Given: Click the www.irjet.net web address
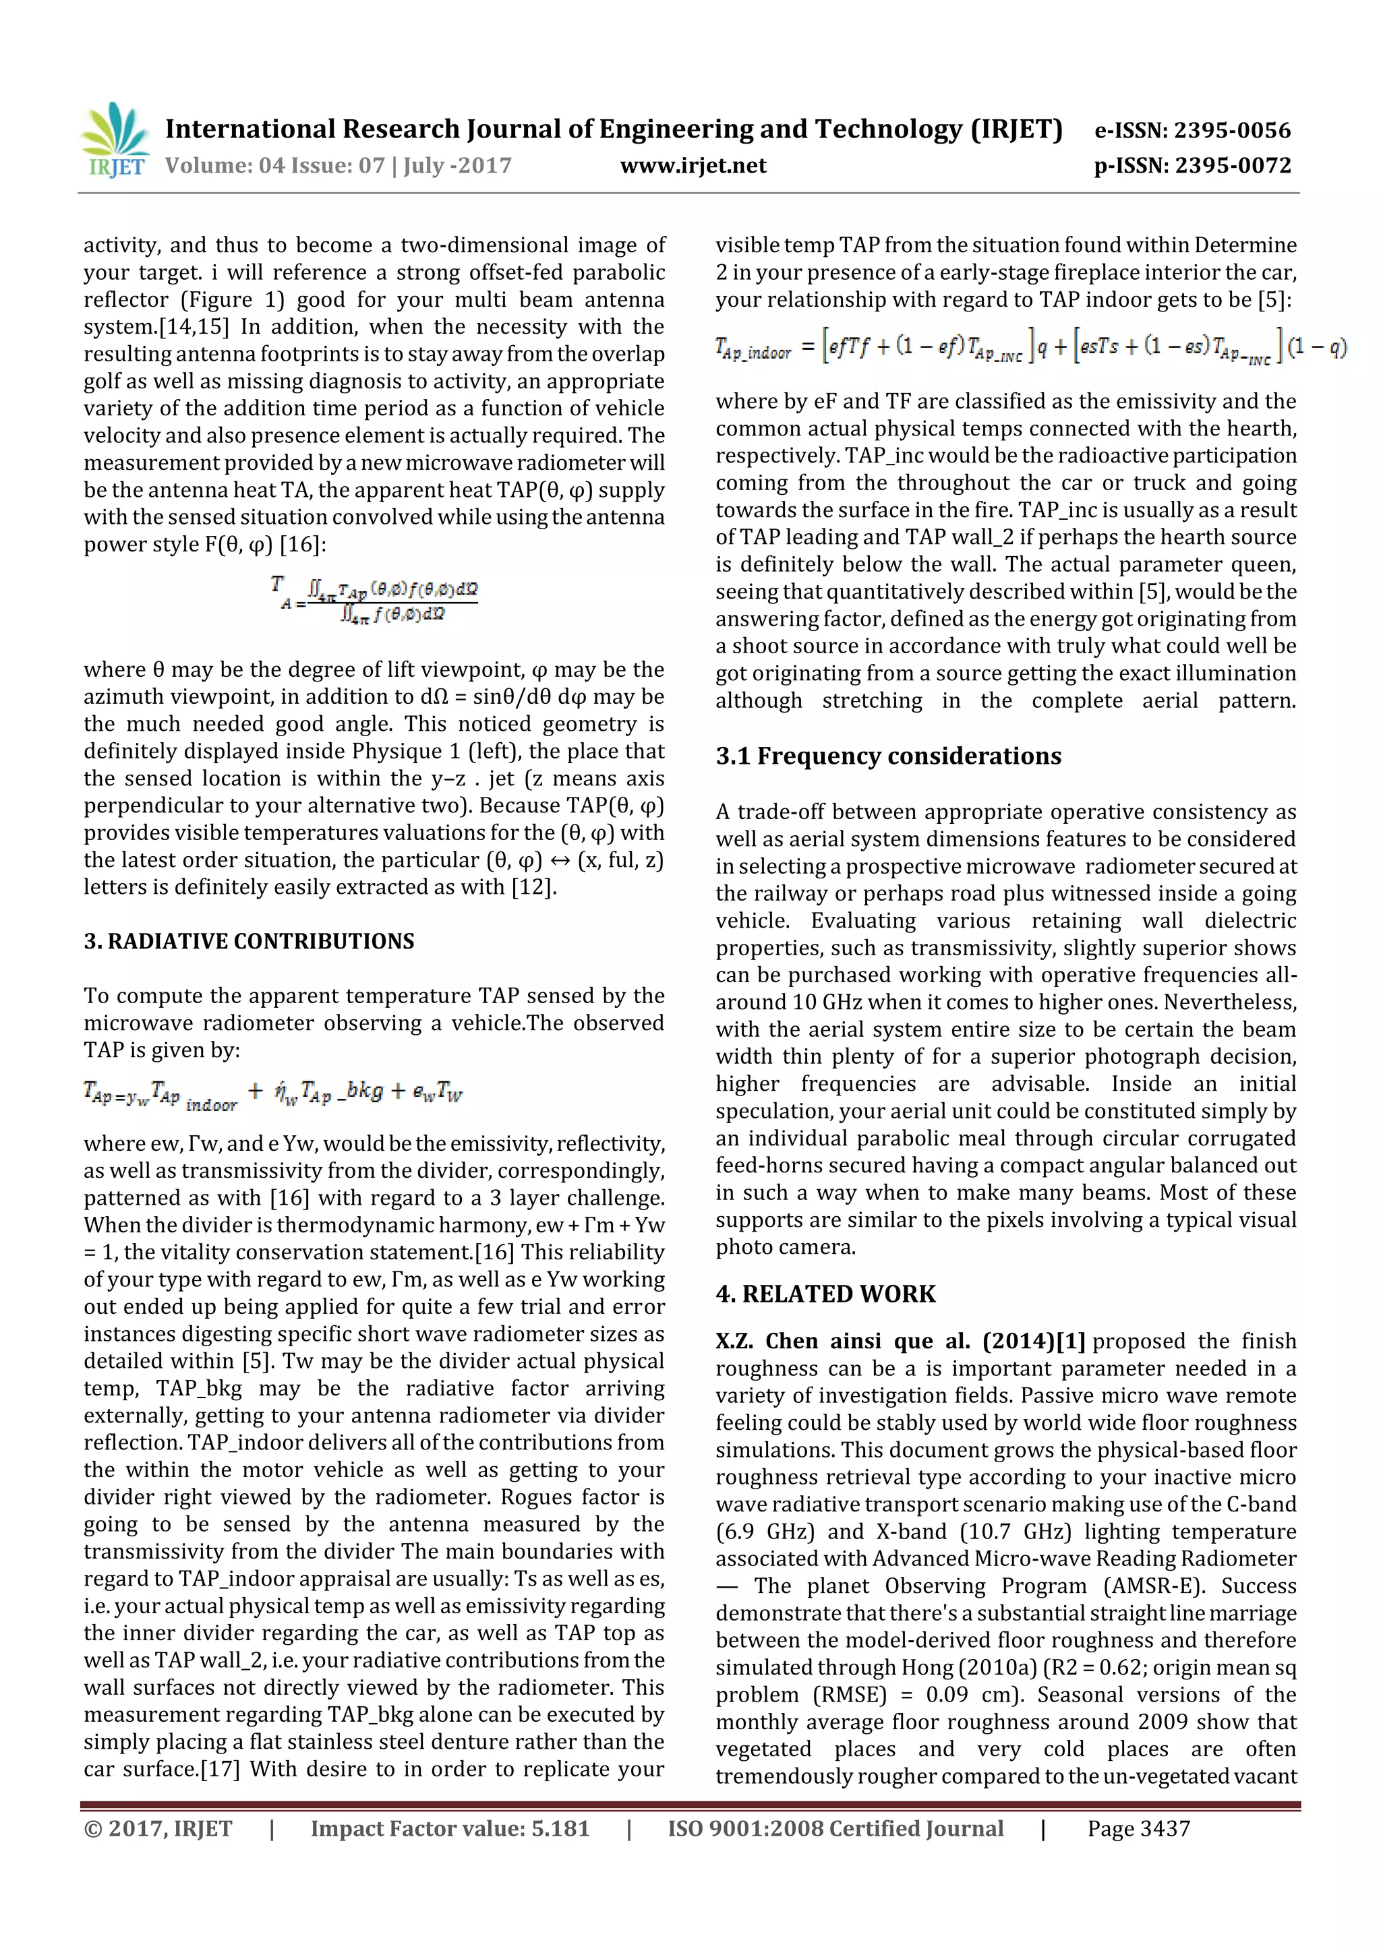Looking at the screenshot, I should point(693,166).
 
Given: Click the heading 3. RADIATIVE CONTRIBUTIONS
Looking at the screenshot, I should point(248,941).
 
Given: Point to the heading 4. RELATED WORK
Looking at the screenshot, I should point(825,1294).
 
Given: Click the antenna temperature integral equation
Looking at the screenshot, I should point(374,600).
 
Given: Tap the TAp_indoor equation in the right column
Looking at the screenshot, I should point(1030,347).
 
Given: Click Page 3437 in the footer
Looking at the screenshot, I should point(1138,1829).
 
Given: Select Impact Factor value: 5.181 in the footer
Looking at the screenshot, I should point(449,1829).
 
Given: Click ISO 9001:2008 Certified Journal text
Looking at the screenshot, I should point(835,1829).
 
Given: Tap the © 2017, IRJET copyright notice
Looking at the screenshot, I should point(157,1829).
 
